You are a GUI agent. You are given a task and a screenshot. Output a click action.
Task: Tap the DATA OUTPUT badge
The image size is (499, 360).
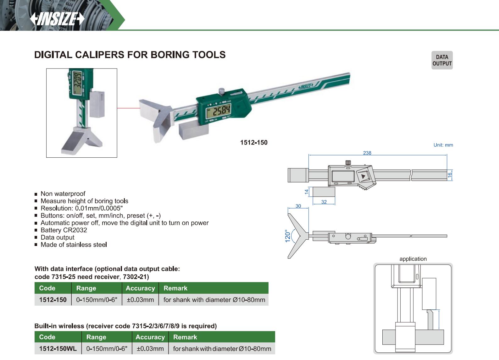(x=442, y=60)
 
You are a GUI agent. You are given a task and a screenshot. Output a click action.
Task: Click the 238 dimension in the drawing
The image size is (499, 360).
(x=367, y=153)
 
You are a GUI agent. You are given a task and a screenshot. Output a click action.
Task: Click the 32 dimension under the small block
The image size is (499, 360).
(x=324, y=202)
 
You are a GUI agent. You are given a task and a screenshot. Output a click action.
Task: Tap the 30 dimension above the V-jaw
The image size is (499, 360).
(x=298, y=206)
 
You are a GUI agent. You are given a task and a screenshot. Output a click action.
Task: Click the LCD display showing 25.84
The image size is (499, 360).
(x=218, y=111)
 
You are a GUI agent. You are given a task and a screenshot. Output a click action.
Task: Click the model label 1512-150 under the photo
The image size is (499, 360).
(x=254, y=143)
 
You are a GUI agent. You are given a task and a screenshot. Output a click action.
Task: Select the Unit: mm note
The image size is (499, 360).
(x=443, y=145)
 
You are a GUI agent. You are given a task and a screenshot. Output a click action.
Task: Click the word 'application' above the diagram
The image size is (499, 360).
(x=413, y=259)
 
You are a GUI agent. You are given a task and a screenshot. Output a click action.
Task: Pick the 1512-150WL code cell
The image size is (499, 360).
(x=58, y=349)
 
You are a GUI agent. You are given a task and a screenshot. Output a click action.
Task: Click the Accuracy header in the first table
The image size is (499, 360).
(x=140, y=288)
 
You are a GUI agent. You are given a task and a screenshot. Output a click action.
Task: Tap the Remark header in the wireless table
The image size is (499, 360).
(x=185, y=337)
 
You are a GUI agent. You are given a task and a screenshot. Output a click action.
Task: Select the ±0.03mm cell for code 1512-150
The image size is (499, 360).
(x=140, y=300)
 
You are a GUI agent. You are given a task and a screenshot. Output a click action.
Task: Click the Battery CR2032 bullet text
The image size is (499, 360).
(x=64, y=230)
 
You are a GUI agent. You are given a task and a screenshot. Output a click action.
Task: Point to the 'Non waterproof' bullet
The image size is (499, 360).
(x=63, y=194)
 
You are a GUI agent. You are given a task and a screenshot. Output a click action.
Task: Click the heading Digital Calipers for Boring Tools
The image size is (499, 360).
(x=130, y=55)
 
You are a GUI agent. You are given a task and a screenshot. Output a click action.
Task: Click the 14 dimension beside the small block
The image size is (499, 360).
(x=307, y=191)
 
